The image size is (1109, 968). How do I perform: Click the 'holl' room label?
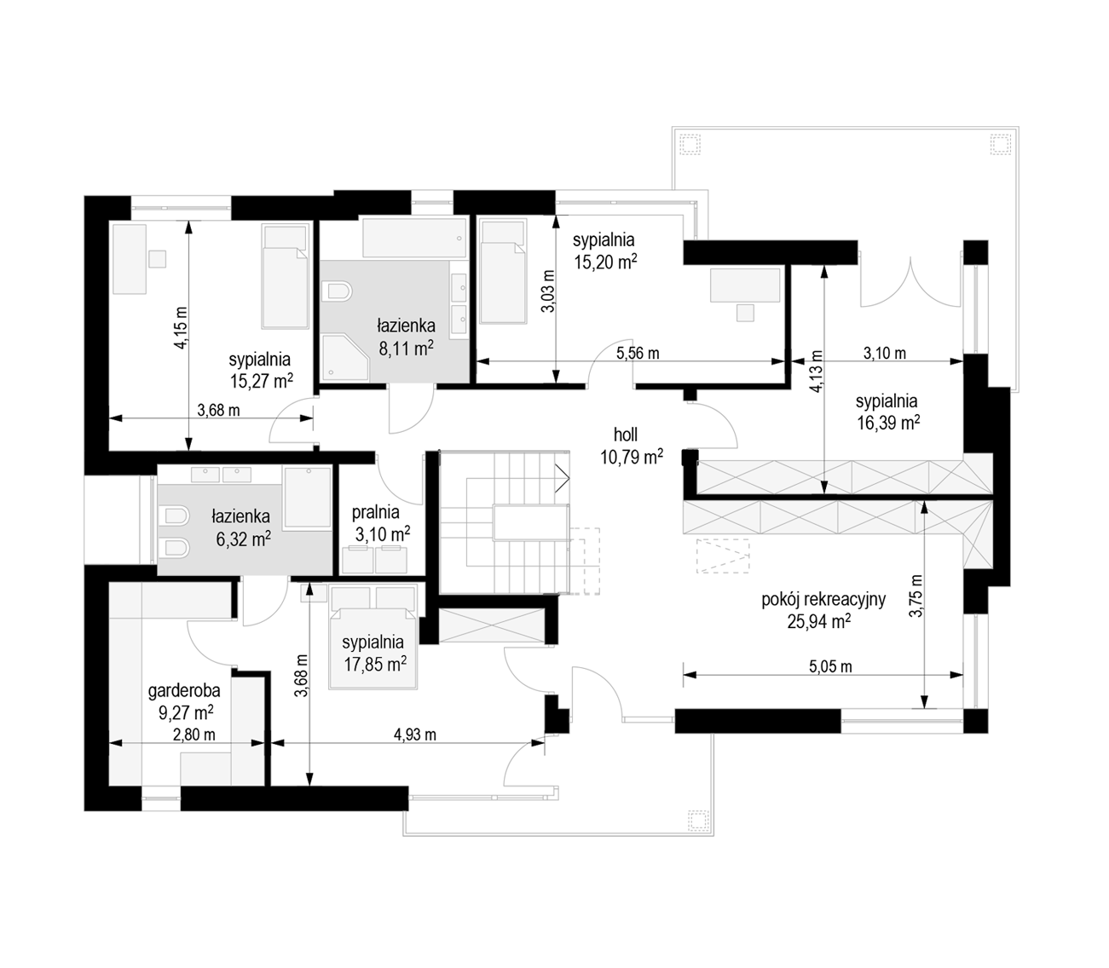click(x=626, y=434)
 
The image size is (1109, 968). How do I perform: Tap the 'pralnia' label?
click(x=376, y=511)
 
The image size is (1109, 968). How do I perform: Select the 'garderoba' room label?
click(x=184, y=691)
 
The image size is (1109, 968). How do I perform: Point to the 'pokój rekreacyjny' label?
click(x=823, y=599)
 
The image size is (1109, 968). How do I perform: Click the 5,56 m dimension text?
click(x=638, y=353)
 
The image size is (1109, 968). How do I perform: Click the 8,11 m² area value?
click(x=406, y=349)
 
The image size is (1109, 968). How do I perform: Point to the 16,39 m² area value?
click(x=888, y=423)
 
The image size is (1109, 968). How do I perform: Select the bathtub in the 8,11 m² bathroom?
click(x=414, y=237)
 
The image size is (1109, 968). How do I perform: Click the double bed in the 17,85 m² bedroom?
click(x=373, y=636)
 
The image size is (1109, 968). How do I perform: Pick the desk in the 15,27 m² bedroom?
click(x=130, y=260)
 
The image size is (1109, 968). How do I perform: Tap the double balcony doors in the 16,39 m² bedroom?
click(x=911, y=282)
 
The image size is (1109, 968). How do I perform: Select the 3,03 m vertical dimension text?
click(x=549, y=291)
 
